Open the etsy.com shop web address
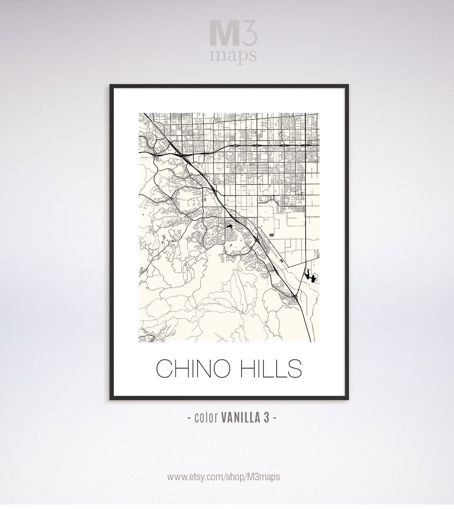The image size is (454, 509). point(224,477)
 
